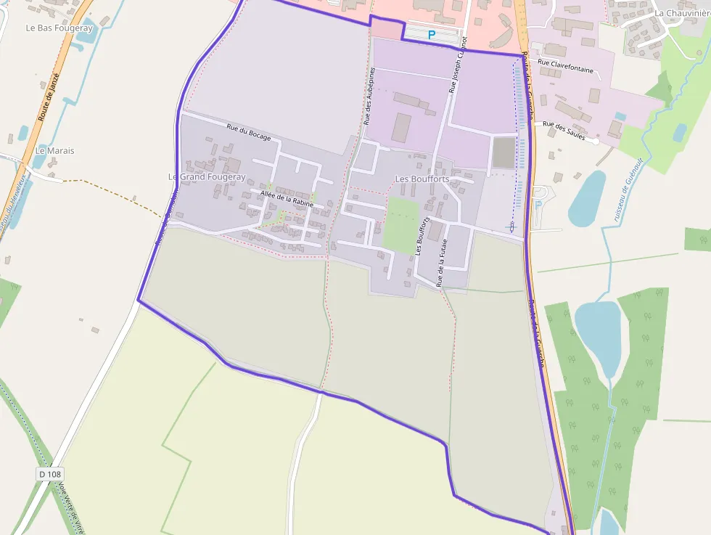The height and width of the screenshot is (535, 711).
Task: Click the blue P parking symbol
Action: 432,34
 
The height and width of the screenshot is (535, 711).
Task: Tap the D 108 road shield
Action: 49,474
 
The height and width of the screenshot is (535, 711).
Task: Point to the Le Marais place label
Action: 55,151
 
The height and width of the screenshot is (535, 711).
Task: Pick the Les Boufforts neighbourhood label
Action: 422,179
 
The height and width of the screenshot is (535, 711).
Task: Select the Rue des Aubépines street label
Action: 369,96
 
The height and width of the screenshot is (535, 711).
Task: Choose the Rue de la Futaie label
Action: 442,261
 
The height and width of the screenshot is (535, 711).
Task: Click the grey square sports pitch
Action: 504,152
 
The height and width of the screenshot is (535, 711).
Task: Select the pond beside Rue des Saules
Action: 586,198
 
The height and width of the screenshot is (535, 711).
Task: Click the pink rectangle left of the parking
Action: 385,30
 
